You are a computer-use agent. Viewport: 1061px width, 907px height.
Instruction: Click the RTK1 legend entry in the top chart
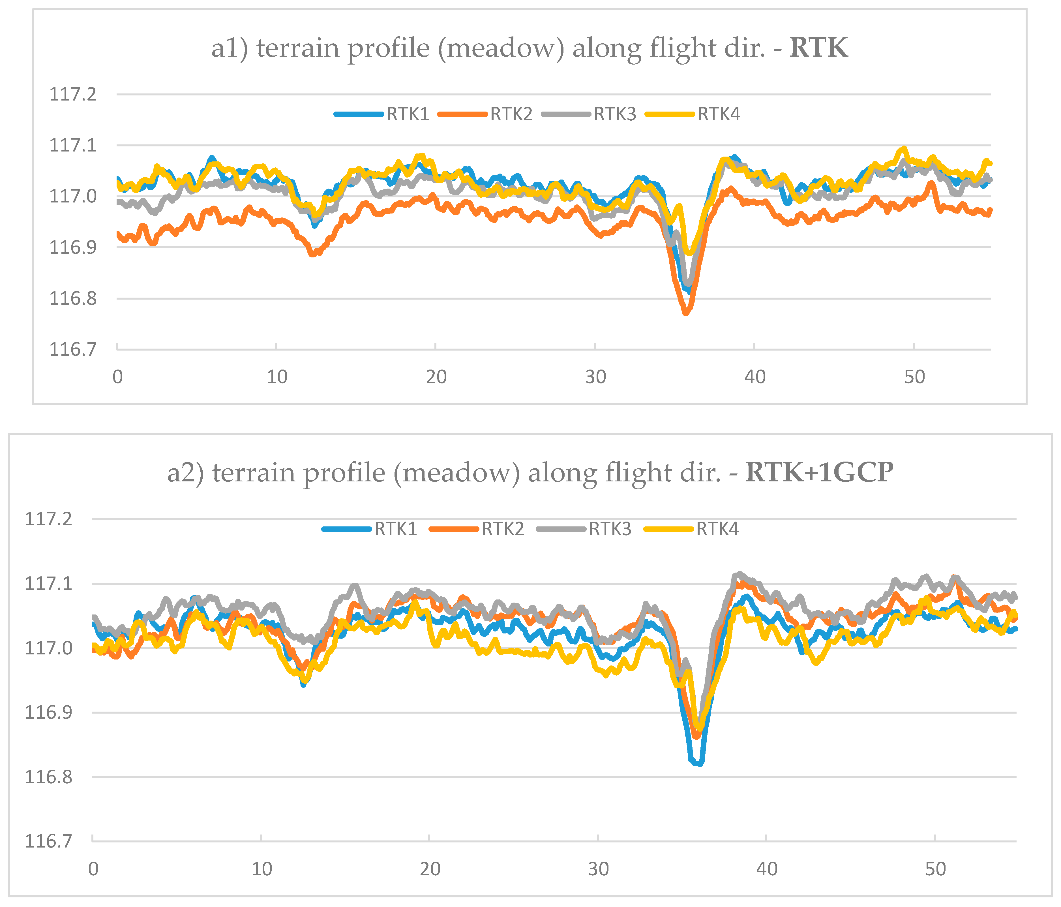(407, 114)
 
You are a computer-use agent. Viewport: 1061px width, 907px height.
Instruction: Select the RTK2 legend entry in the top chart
(511, 114)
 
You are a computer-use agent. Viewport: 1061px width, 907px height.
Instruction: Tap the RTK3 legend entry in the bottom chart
(609, 529)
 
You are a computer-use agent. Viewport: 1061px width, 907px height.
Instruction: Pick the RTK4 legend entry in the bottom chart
(717, 529)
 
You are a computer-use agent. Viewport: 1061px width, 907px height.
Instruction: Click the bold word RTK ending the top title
(818, 48)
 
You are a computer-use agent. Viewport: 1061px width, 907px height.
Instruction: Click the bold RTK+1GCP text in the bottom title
(819, 472)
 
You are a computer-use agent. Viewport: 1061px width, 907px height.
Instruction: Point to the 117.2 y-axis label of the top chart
(72, 94)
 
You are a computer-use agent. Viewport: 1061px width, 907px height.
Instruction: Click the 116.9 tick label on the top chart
(72, 247)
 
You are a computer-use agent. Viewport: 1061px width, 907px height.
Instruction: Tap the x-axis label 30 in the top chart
(595, 377)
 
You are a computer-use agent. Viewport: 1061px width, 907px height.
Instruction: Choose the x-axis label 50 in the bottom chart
(935, 869)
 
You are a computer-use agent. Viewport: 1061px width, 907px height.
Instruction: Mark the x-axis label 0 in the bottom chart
(93, 869)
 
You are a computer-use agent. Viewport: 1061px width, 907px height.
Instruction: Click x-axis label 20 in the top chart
(436, 377)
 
